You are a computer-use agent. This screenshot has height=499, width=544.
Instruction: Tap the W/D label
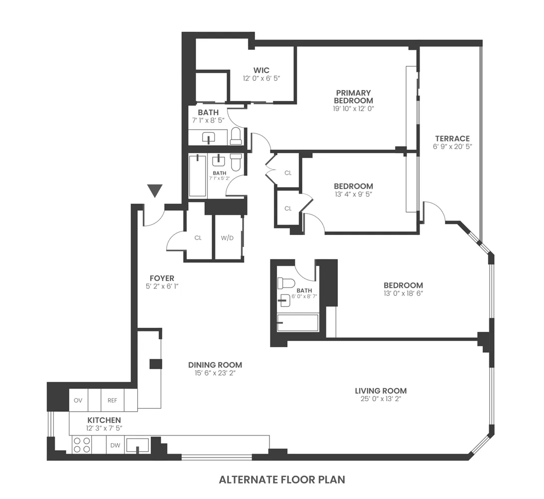pos(227,238)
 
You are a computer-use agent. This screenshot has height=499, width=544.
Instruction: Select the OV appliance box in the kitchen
pos(78,400)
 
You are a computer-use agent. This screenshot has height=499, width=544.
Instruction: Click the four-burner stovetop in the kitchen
pos(81,445)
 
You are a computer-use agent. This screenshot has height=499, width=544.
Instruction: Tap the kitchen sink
pos(137,444)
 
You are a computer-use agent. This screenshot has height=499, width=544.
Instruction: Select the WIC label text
pos(261,70)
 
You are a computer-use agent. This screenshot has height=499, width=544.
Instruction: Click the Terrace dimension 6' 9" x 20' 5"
pos(452,147)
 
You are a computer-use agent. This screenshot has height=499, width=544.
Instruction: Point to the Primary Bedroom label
pos(353,96)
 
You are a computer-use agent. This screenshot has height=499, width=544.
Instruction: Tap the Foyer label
pos(162,278)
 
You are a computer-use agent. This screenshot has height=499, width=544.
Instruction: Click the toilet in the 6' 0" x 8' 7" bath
pos(286,283)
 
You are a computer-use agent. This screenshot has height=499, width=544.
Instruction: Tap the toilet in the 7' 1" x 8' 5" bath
pos(236,136)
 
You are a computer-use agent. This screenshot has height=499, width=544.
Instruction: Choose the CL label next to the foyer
pos(198,238)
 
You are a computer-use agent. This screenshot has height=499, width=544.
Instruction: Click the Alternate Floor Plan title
pos(282,480)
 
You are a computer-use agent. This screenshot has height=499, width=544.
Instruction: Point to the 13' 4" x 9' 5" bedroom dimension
pos(354,194)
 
